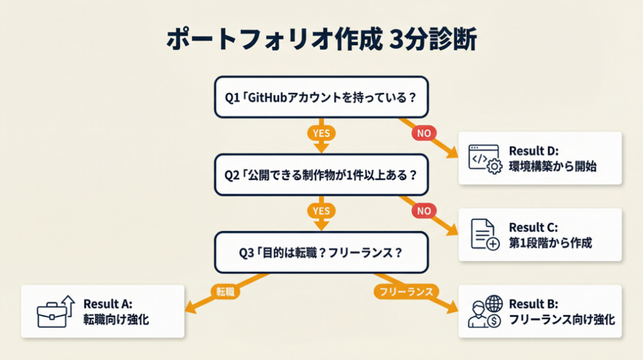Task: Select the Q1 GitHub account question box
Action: click(x=321, y=97)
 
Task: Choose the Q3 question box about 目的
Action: click(x=321, y=253)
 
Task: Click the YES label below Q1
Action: click(x=321, y=133)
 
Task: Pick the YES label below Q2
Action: click(x=321, y=211)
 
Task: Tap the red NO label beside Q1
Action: click(x=424, y=133)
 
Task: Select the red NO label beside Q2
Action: click(x=424, y=211)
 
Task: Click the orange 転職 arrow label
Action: click(x=225, y=292)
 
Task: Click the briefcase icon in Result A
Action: click(x=55, y=311)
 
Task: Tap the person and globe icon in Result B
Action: click(x=485, y=312)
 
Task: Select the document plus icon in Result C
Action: click(x=485, y=234)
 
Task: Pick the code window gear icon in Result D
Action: click(x=485, y=158)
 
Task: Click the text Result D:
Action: click(x=533, y=151)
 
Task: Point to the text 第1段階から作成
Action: click(x=550, y=243)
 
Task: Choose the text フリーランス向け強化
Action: click(x=561, y=319)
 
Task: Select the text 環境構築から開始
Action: click(x=552, y=166)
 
